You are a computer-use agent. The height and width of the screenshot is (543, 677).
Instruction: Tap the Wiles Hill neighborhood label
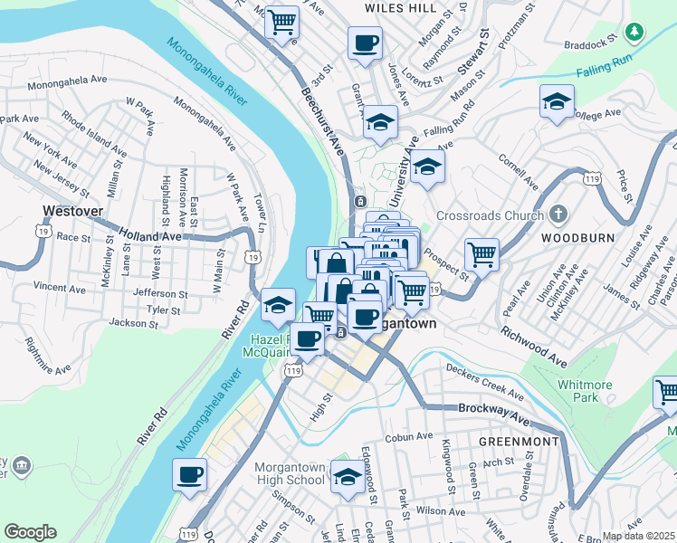point(400,7)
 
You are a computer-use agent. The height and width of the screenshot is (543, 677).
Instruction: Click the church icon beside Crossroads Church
point(558,215)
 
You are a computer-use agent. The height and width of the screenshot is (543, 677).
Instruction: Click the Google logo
point(30,532)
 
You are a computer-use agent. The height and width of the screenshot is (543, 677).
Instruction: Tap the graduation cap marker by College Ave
point(557,101)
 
